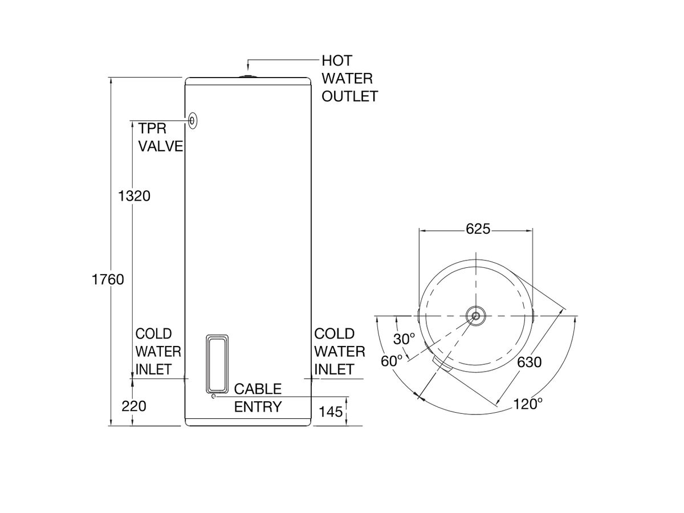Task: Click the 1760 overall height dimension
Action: pos(108,280)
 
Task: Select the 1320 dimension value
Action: pos(134,196)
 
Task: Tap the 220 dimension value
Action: pos(134,406)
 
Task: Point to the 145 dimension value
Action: pos(331,411)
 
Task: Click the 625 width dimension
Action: pos(478,229)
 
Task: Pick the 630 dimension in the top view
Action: pos(530,362)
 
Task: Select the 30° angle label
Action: pos(405,339)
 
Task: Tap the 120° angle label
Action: pos(527,404)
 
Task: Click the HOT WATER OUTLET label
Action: pos(349,79)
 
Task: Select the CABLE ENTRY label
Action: pos(258,398)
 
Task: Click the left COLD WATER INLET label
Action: pos(158,351)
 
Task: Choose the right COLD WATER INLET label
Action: pos(340,351)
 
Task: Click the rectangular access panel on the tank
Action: pos(217,363)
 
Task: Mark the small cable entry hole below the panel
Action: pos(213,397)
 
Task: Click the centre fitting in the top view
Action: pos(475,316)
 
